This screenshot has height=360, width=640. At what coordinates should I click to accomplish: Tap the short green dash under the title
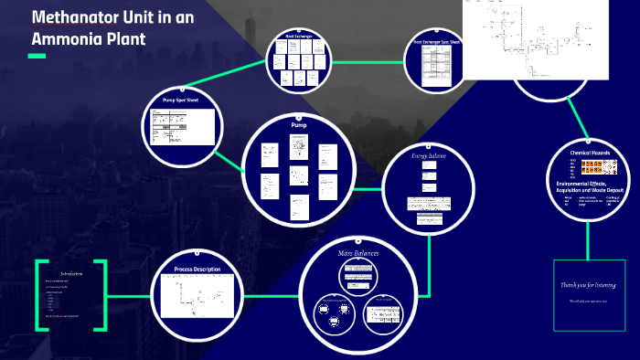click(x=37, y=57)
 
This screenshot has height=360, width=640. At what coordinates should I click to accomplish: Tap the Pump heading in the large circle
click(x=298, y=123)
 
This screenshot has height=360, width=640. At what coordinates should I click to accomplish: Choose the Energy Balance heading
click(x=431, y=155)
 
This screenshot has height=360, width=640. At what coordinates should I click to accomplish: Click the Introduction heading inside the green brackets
click(x=71, y=273)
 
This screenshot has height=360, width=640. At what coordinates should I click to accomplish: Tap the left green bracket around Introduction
click(x=39, y=294)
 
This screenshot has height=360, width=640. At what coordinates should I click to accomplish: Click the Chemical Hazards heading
click(x=590, y=153)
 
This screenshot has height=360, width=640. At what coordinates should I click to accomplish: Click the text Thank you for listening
click(x=588, y=285)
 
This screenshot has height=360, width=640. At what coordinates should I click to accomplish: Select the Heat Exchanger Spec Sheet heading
click(x=436, y=41)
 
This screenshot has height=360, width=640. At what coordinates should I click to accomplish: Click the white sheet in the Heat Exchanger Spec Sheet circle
click(x=436, y=65)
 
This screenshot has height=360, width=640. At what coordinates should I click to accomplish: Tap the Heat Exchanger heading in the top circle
click(x=301, y=37)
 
